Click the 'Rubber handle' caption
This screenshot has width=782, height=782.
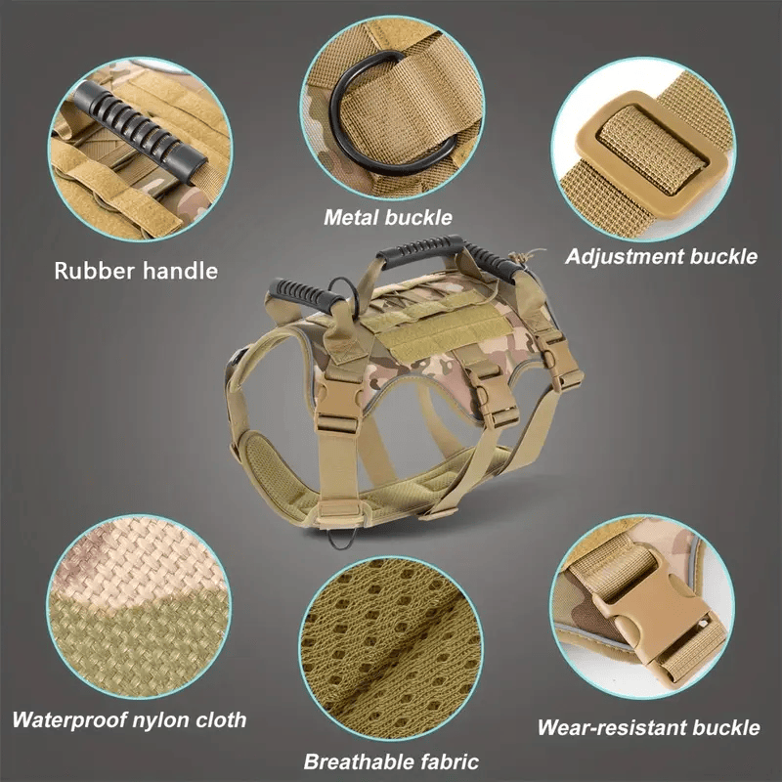point(136,271)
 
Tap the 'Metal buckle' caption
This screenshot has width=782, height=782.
point(387,217)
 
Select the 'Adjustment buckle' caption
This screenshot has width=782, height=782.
point(662,256)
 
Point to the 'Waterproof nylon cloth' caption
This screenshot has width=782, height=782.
point(129,719)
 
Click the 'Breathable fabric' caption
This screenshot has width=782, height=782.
point(391,761)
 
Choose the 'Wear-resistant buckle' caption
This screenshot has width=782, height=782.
point(648,727)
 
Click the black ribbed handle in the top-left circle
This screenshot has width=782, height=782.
point(140,131)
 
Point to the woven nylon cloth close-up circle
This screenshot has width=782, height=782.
point(139,607)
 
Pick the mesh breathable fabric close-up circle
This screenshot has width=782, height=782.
point(391,648)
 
